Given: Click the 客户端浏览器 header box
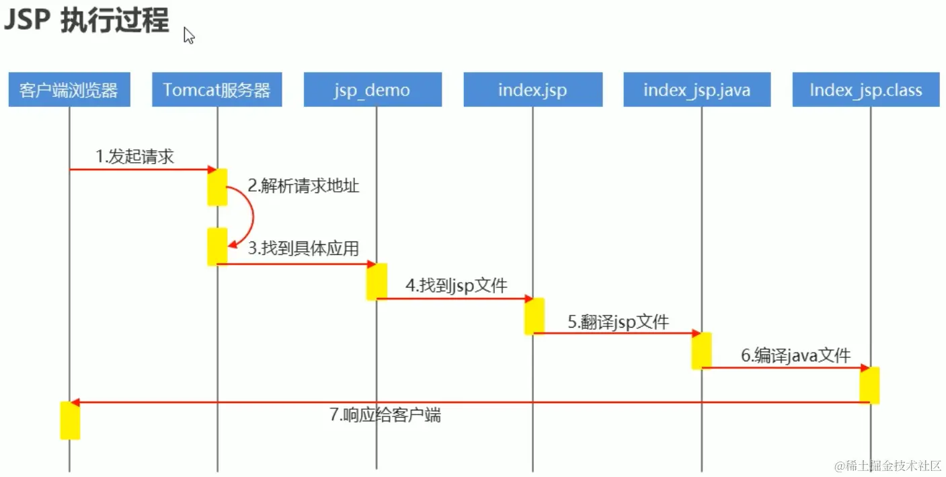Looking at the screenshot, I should point(69,89).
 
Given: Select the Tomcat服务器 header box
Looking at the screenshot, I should point(216,89).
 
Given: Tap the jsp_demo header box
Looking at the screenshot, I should point(372,89).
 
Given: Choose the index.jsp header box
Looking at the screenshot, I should point(533,89).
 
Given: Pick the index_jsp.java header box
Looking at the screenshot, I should point(697,89).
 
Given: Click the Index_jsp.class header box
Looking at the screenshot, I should point(865,89).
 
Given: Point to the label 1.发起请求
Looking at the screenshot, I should point(135,157).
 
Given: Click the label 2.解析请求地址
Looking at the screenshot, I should point(304,186).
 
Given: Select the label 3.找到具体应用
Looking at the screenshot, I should point(303,248).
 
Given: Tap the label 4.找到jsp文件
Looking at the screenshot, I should point(456,285).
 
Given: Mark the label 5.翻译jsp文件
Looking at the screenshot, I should point(619,322).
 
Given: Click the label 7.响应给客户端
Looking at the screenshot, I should point(385,414).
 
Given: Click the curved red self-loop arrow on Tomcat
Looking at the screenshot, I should point(251,215).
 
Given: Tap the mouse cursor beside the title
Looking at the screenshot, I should point(189,35).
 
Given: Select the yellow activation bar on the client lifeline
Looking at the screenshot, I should point(70,420).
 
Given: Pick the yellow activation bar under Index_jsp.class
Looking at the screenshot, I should point(869,385).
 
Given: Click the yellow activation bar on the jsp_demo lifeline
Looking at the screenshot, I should point(377,281).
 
